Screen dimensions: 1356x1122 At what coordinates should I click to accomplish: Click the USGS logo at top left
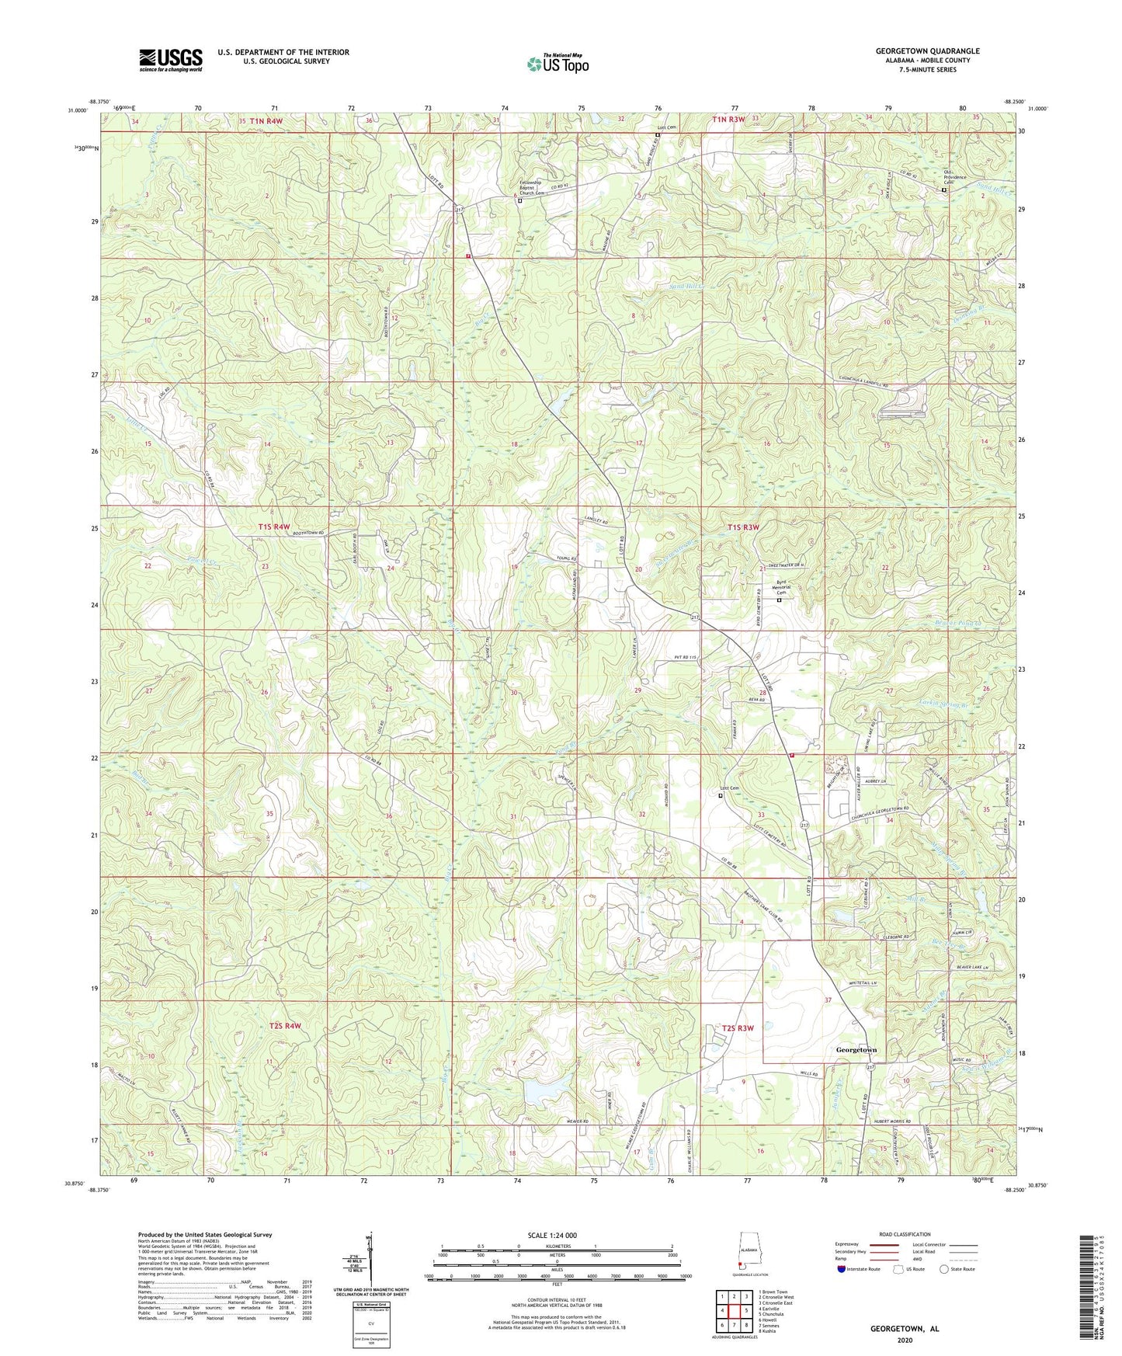170,59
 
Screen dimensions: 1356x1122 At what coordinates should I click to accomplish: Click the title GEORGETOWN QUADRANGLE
916,51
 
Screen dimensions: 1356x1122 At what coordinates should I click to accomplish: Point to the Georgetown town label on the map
856,1049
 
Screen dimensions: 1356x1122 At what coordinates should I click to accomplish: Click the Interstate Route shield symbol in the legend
842,1269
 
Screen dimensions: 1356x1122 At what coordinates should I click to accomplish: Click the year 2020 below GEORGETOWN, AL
903,1340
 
